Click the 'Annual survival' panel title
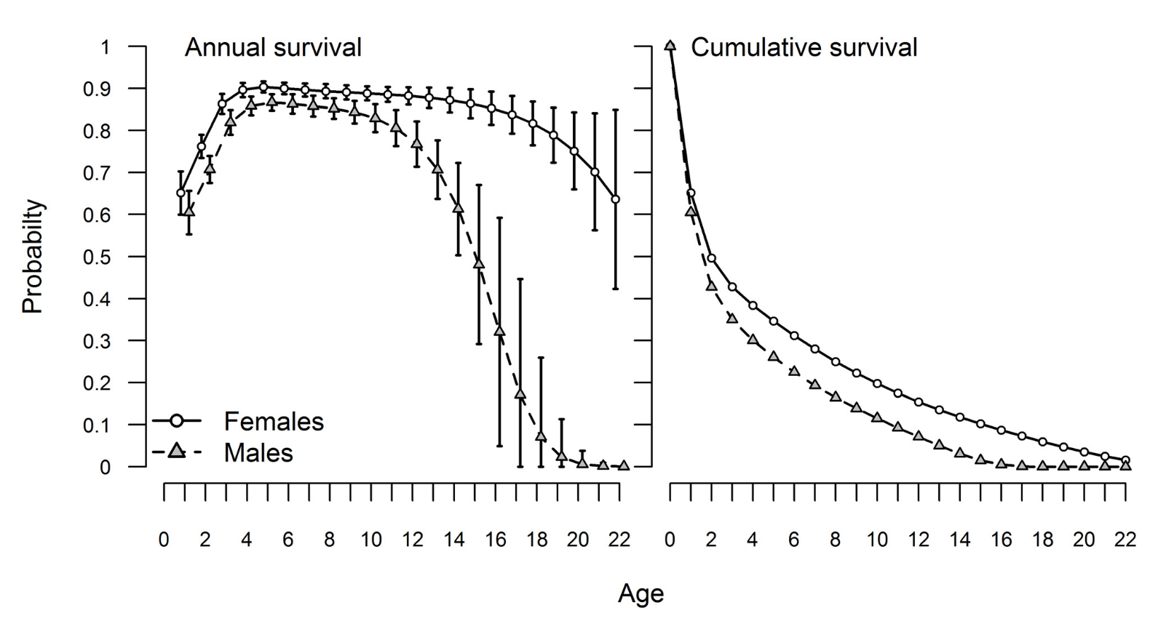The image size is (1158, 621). [x=273, y=48]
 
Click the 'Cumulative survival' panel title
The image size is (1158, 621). [x=804, y=48]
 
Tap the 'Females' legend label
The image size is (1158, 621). [x=274, y=422]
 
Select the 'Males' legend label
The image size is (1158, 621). [x=258, y=453]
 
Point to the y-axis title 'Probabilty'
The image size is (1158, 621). [x=33, y=257]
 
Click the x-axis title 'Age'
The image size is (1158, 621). [x=641, y=594]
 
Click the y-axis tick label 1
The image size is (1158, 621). [x=105, y=47]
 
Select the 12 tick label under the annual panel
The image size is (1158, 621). [x=413, y=540]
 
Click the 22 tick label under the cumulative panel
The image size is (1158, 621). [x=1125, y=540]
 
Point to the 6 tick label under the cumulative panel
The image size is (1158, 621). [x=794, y=540]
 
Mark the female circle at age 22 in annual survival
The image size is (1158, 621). [x=616, y=199]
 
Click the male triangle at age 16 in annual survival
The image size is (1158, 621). [x=499, y=331]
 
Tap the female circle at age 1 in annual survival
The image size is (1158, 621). [x=181, y=193]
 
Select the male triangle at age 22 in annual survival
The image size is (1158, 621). [x=624, y=465]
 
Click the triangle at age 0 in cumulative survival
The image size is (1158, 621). [x=670, y=47]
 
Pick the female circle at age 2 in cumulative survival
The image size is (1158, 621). [x=711, y=258]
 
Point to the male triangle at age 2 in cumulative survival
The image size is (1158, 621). [x=711, y=286]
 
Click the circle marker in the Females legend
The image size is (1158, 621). [x=175, y=422]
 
